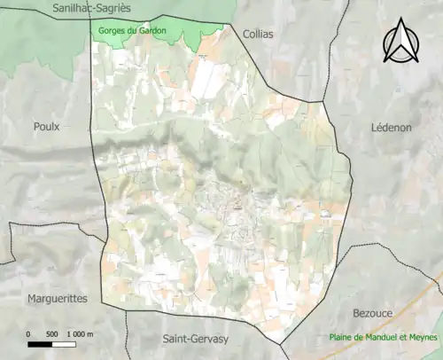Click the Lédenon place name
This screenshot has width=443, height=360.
[390, 128]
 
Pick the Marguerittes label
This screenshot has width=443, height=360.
[58, 298]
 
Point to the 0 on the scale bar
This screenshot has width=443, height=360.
[29, 334]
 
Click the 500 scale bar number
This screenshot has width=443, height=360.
[51, 334]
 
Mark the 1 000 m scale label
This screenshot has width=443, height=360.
[80, 334]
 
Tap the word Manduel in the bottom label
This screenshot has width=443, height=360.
[380, 338]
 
